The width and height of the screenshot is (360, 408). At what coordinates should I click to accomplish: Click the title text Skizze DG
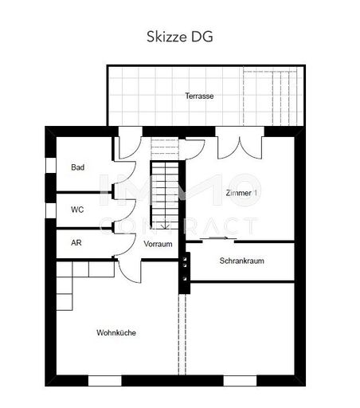pos(180,36)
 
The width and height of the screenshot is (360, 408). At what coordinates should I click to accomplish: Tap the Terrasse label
pos(199,96)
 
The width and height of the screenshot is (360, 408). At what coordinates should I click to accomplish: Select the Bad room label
pos(77,167)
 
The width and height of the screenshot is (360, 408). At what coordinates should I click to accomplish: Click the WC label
pos(77,210)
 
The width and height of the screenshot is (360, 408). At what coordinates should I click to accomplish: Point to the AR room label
pos(76,243)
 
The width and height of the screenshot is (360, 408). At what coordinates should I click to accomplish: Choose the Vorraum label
pos(158,244)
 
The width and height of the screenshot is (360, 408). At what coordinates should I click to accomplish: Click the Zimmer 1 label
pos(241,193)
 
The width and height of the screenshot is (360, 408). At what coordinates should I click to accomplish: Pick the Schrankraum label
pos(241,261)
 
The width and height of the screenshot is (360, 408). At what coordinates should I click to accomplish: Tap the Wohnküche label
pos(115,332)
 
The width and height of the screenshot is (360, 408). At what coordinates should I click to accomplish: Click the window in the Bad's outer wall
pos(50,165)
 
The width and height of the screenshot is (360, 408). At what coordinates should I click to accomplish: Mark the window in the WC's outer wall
pos(50,210)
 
